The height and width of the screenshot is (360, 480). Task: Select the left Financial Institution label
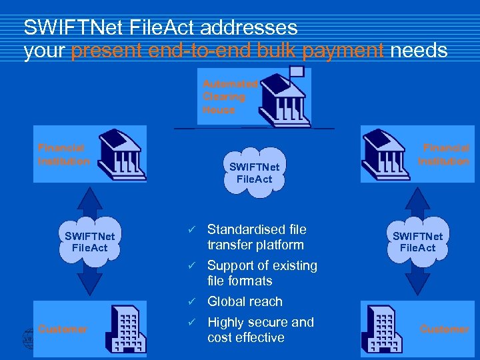pyautogui.click(x=63, y=154)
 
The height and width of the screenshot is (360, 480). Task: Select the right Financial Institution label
pyautogui.click(x=443, y=154)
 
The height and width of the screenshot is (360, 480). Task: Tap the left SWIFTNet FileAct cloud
pyautogui.click(x=90, y=241)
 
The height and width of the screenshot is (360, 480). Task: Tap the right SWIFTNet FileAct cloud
pyautogui.click(x=417, y=241)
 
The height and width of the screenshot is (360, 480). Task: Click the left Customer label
pyautogui.click(x=62, y=329)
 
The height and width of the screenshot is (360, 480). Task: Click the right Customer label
pyautogui.click(x=444, y=329)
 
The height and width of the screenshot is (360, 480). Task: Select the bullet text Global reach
pyautogui.click(x=245, y=301)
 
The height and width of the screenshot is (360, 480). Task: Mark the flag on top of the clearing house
pyautogui.click(x=297, y=71)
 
